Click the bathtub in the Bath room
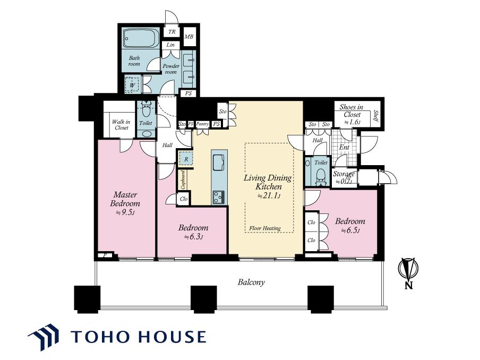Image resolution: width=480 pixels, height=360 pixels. point(141,38)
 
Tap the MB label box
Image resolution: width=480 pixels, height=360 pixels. point(189,37)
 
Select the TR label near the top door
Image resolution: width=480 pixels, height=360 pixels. point(172,32)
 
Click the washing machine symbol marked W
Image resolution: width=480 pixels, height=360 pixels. point(132,84)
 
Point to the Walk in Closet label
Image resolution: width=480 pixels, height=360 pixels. point(121,125)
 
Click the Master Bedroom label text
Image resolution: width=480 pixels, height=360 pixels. point(125,199)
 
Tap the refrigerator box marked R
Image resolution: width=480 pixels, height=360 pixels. point(186,159)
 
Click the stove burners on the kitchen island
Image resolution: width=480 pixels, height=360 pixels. point(219,197)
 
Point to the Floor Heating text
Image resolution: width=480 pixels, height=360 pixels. point(265,228)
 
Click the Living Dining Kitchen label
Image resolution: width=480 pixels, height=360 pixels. point(268,182)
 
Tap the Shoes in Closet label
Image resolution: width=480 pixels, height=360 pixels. point(352,111)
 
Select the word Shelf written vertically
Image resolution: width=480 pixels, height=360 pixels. point(376,116)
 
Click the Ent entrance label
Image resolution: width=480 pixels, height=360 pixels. point(344,147)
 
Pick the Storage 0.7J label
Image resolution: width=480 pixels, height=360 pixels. point(344,177)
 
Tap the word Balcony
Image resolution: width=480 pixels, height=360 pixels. point(251,282)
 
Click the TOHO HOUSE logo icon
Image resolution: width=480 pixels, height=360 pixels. point(44,337)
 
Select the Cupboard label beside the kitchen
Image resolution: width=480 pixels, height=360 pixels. point(183,179)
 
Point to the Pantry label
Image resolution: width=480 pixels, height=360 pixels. point(202,124)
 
